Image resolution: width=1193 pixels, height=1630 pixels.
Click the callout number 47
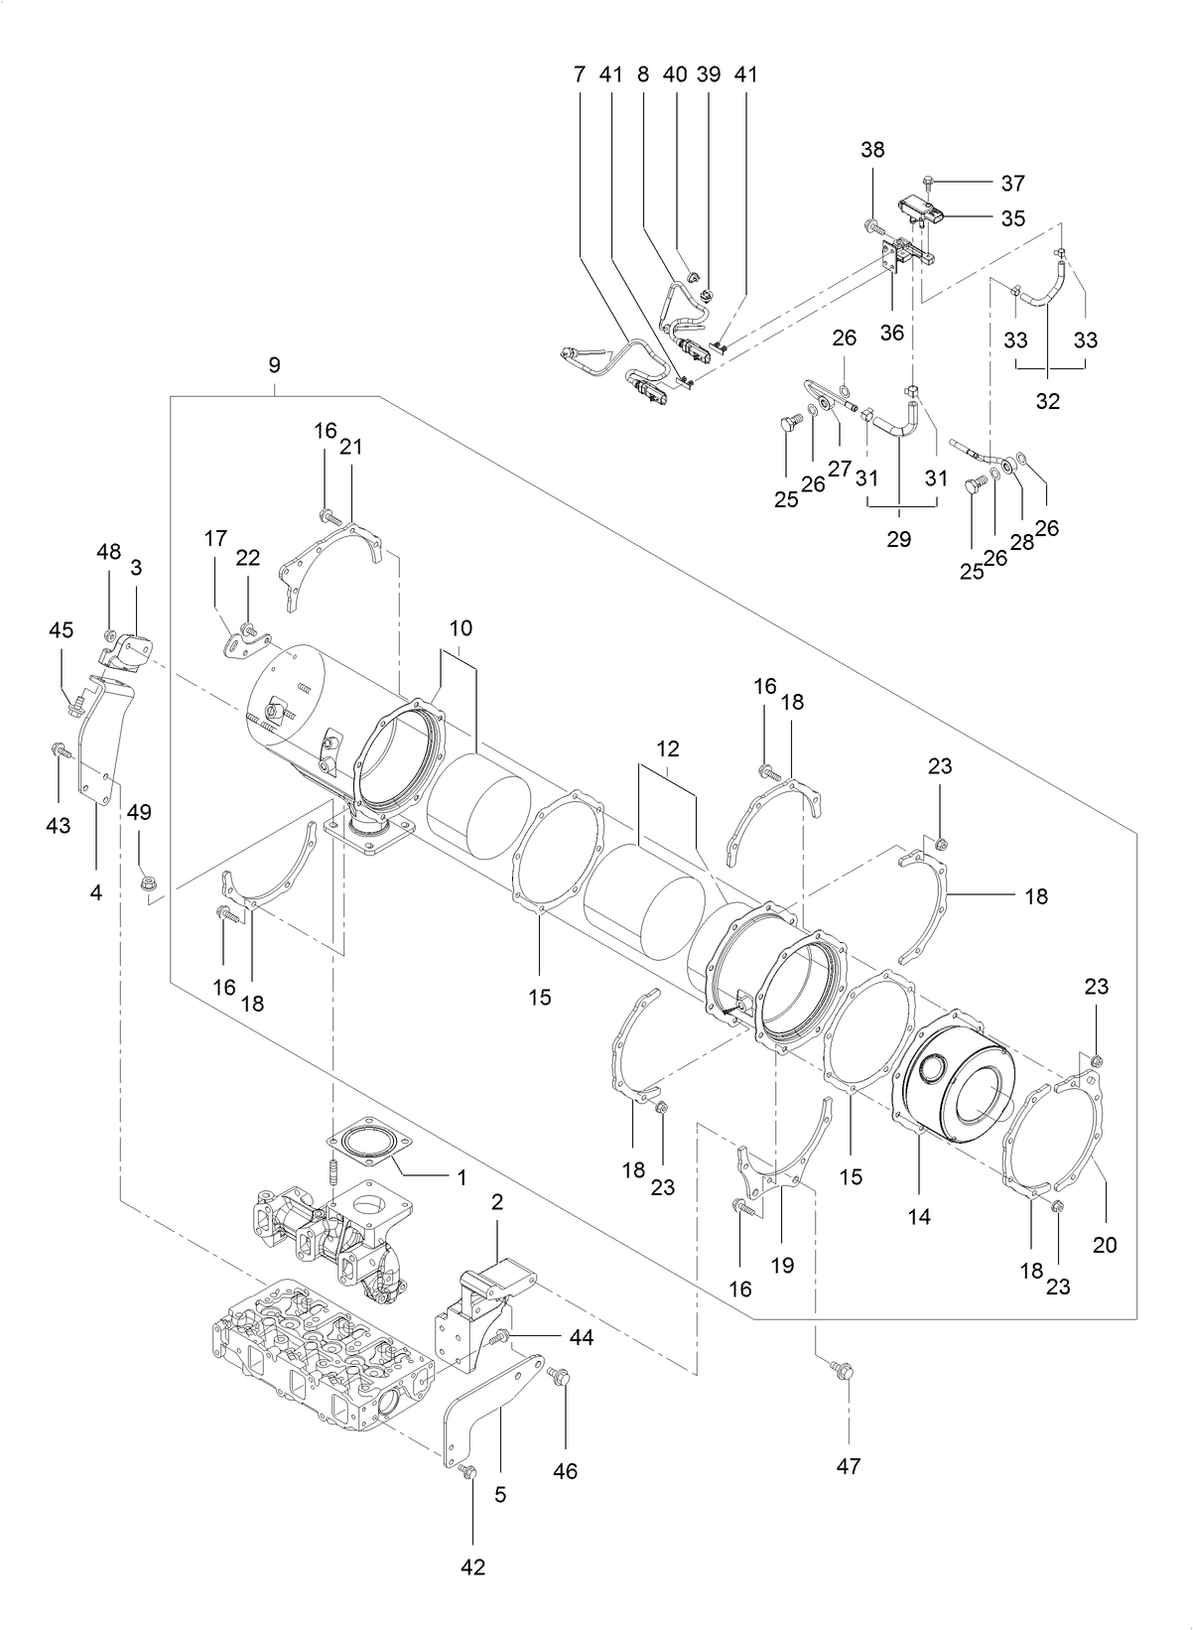849,1465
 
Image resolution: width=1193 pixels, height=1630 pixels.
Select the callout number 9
275,364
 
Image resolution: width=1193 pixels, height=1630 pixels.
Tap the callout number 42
473,1566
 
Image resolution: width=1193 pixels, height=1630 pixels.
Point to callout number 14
919,1216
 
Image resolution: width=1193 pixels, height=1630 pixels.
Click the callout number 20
1105,1244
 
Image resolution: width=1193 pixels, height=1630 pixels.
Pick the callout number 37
1012,183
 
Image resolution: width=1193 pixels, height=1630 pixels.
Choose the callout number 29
898,539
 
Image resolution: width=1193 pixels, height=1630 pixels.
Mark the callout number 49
139,812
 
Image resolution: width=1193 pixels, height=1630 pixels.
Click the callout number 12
667,746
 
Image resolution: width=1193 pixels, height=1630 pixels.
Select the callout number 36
892,333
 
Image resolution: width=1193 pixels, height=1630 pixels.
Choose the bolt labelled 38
873,226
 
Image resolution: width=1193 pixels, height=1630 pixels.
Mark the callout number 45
62,630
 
